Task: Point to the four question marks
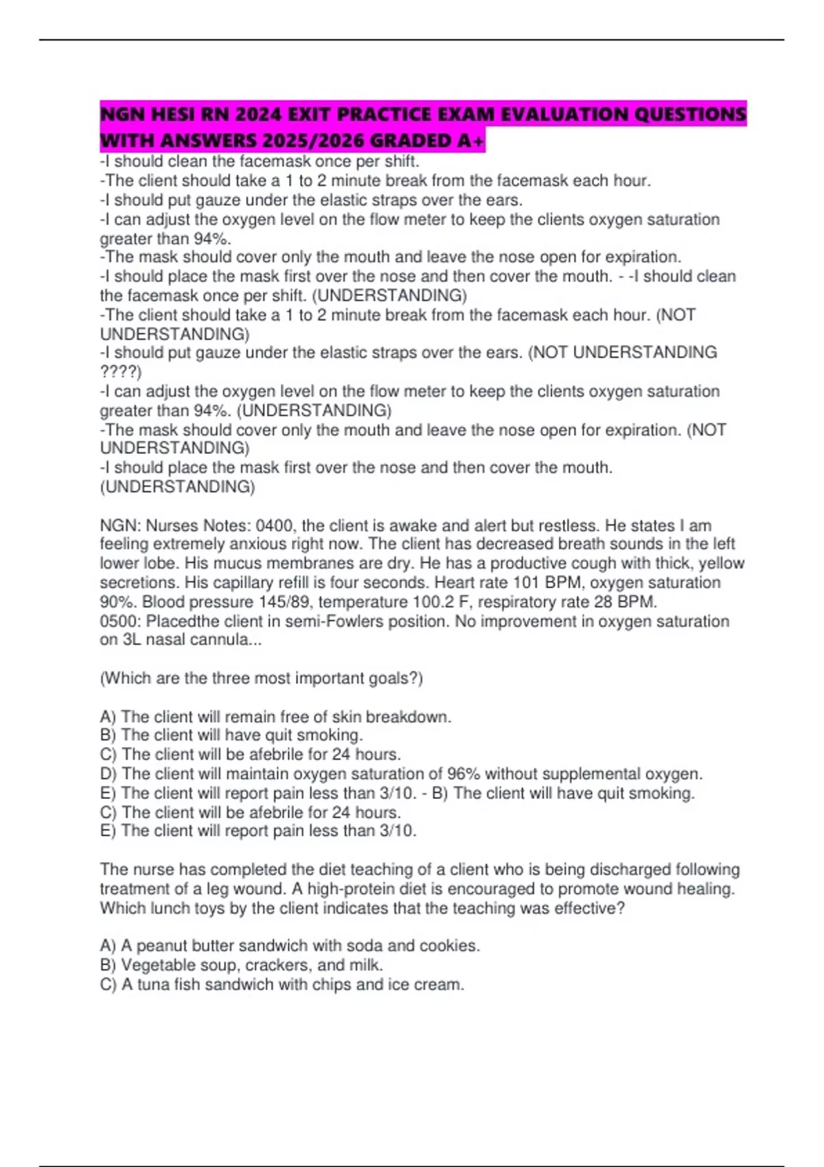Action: point(120,372)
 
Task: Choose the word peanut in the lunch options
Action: point(161,946)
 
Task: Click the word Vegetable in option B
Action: point(154,965)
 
